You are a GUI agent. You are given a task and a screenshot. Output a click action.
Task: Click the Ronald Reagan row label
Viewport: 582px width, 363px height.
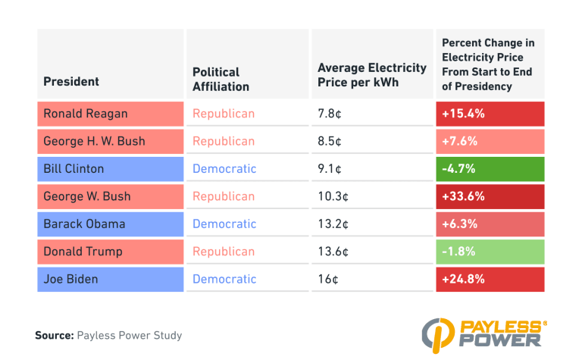point(110,114)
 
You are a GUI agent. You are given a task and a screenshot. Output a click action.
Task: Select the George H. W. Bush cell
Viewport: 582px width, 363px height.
point(110,141)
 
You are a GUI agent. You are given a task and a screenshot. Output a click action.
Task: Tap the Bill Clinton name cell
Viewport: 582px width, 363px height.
point(110,168)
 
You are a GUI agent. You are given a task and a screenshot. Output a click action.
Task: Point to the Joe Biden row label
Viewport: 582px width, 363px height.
point(110,279)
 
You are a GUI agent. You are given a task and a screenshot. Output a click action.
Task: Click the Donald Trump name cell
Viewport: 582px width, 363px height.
point(110,251)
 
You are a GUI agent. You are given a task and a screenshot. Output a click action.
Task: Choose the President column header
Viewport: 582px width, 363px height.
point(71,81)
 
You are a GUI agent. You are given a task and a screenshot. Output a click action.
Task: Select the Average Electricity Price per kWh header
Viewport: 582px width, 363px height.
point(371,74)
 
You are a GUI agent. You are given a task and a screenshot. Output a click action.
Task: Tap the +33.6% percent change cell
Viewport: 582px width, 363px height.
point(490,196)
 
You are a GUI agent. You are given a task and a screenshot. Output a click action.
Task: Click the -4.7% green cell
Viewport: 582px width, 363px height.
point(490,168)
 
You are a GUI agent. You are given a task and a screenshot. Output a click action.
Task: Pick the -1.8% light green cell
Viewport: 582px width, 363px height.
point(490,251)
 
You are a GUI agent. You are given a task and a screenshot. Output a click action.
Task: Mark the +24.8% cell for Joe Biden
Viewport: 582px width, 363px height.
point(490,279)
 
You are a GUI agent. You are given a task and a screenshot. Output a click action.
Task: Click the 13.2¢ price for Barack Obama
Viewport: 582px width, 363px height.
point(333,224)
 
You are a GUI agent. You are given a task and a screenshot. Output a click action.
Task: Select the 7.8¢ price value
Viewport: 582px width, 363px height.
point(330,114)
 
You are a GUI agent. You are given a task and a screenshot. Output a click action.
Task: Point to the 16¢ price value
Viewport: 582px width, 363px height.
point(328,279)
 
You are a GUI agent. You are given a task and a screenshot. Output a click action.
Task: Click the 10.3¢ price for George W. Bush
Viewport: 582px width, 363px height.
point(333,196)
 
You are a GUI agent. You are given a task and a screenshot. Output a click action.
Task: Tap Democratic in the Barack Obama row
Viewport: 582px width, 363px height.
point(224,224)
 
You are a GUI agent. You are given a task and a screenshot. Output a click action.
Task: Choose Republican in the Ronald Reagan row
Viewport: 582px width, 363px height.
point(224,114)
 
